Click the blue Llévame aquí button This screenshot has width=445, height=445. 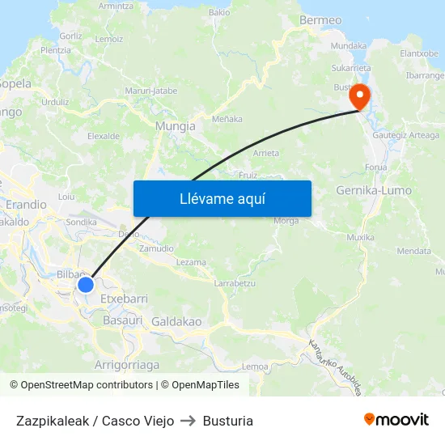pos(222,198)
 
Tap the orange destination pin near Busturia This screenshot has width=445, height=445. pos(358,97)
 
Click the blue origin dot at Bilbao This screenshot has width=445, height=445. pos(86,285)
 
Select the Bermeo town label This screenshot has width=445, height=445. pos(320,20)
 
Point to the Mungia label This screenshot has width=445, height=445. pos(175,126)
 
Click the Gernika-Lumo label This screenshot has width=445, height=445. pos(373,191)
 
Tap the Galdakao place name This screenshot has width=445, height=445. pos(176,322)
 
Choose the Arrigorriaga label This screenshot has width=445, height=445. pos(127,365)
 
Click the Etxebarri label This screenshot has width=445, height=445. pos(123,299)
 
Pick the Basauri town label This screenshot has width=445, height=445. pos(123,320)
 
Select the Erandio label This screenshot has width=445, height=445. pos(27,205)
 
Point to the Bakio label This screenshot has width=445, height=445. pos(219,13)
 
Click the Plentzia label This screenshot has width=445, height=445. pos(56,50)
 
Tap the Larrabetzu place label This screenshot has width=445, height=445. pos(235,283)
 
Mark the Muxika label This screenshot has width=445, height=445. pos(360,238)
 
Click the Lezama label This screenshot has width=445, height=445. pos(191,262)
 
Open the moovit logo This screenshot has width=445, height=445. pos(396,420)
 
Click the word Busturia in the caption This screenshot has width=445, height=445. pos(228,421)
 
